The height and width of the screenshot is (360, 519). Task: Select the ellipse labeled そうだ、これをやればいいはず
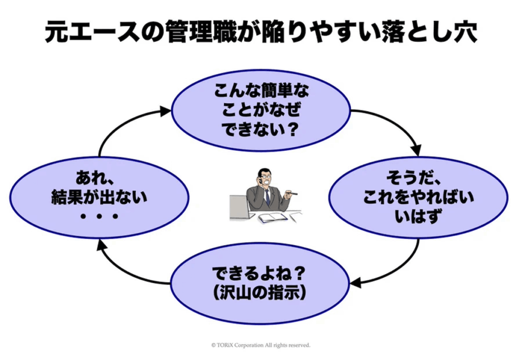[x=419, y=197]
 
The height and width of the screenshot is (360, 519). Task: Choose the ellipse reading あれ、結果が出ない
[x=99, y=197]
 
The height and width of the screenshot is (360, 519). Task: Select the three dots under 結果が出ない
[x=99, y=217]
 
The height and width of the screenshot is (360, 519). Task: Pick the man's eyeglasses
[x=266, y=178]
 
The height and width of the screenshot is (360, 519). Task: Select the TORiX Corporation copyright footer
[x=260, y=345]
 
